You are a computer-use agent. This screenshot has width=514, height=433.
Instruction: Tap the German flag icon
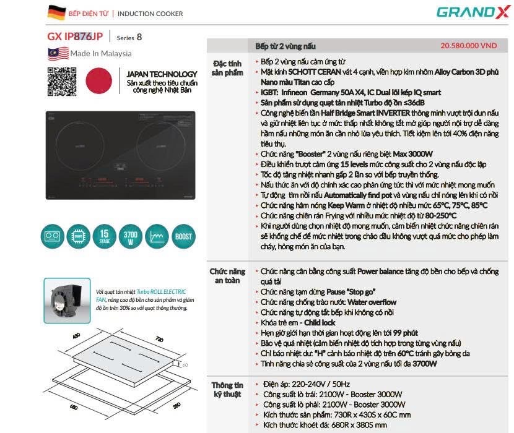coord(56,12)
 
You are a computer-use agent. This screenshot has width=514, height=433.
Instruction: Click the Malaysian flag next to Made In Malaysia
coord(58,53)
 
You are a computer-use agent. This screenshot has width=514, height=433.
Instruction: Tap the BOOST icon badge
coord(183,237)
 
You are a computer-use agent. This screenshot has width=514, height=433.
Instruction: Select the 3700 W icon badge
coord(131,237)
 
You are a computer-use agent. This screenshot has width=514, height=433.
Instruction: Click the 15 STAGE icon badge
coord(104,237)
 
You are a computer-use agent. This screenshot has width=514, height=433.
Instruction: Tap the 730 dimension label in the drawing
coord(159,340)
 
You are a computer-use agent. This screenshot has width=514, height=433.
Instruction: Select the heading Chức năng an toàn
coord(228,276)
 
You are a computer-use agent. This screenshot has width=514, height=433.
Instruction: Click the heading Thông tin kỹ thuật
coord(229,389)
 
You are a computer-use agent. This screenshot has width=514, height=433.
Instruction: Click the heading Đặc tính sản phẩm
coord(228,68)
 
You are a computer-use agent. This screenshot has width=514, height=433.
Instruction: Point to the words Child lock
coord(320,322)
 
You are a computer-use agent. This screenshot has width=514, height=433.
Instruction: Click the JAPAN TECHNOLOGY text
coord(162,74)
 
